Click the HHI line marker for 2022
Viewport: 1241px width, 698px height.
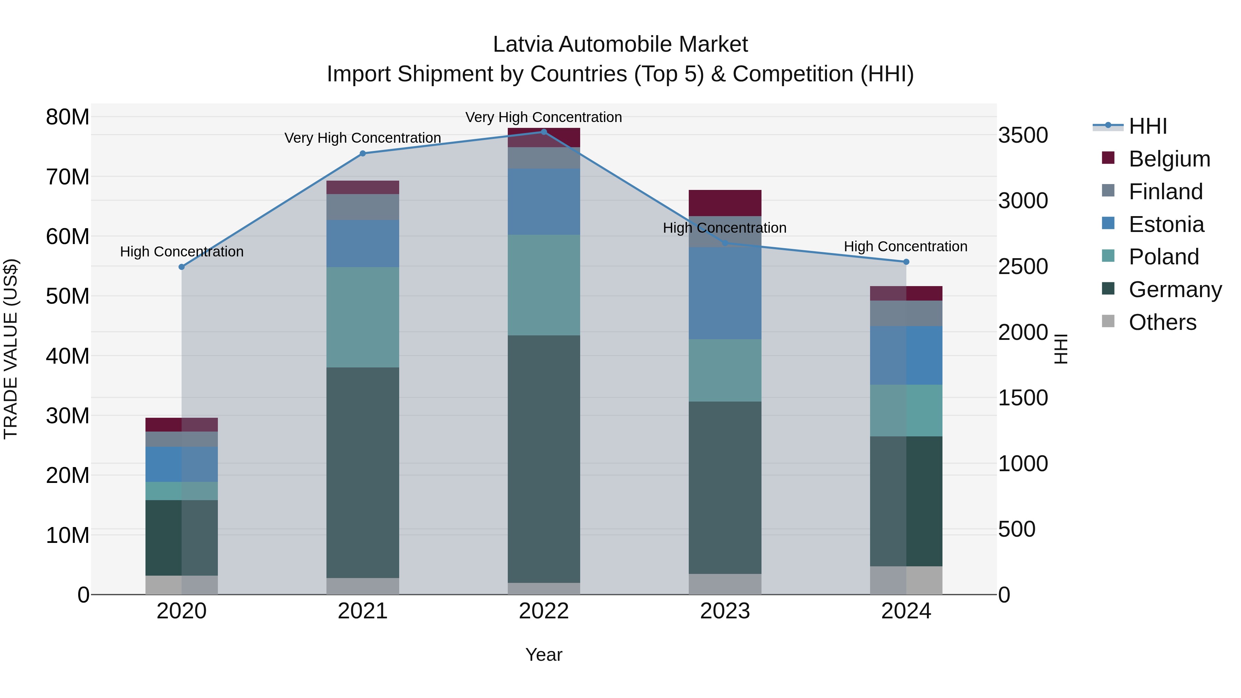click(x=544, y=132)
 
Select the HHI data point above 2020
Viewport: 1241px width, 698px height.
click(x=182, y=267)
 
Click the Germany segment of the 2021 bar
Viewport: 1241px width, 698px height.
click(x=363, y=472)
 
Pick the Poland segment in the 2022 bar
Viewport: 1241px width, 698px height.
click(x=544, y=285)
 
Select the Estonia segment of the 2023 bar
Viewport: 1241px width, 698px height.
click(x=725, y=293)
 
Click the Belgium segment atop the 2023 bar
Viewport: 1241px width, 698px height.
click(x=725, y=203)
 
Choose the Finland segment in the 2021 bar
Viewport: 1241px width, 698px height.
click(x=363, y=207)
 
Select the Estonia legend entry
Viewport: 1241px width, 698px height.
click(x=1166, y=224)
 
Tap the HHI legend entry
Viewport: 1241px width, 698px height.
click(x=1148, y=126)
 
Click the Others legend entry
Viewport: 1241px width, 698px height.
click(x=1162, y=322)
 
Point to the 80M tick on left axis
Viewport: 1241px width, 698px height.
click(x=68, y=117)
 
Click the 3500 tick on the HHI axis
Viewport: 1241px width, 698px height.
click(x=1022, y=135)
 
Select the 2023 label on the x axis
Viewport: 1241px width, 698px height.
click(x=725, y=611)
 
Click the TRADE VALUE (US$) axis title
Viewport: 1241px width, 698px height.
click(x=11, y=349)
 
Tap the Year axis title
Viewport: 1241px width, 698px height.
click(x=544, y=655)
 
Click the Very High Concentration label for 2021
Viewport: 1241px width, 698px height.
click(x=363, y=138)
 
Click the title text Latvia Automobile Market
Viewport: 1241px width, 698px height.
click(x=620, y=44)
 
